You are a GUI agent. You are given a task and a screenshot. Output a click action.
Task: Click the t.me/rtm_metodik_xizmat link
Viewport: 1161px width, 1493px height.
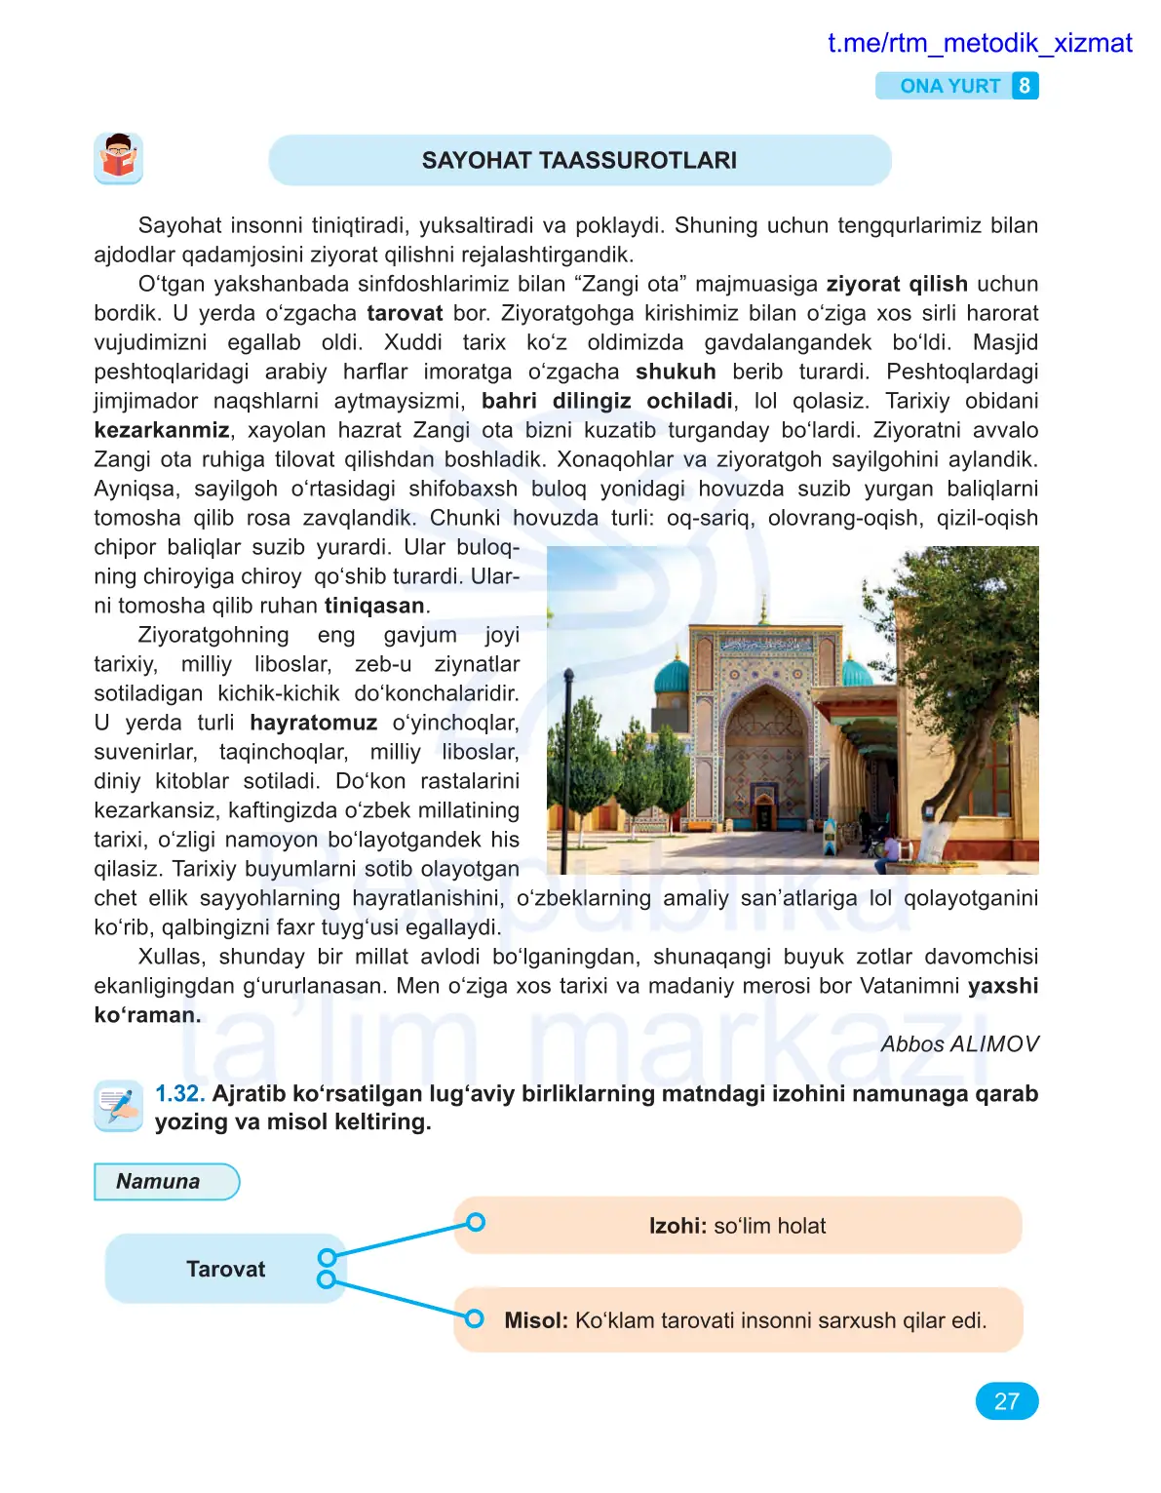coord(979,44)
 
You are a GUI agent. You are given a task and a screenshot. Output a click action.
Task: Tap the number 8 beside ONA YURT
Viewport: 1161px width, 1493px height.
coord(1024,86)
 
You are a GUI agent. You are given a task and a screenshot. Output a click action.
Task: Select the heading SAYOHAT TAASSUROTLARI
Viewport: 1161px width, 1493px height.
coord(579,161)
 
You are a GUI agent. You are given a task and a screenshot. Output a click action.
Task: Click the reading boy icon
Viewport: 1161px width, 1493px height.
coord(118,158)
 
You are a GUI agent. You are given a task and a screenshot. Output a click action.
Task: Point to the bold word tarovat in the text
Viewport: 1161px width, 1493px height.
coord(405,313)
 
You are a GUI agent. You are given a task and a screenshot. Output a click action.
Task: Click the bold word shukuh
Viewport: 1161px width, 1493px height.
coord(676,372)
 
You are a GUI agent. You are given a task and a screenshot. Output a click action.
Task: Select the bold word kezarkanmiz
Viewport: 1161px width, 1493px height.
coord(162,430)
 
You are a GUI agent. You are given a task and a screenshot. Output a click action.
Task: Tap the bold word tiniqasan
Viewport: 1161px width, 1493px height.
coord(374,606)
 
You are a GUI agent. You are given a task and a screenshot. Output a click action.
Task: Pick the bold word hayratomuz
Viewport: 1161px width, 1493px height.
coord(313,723)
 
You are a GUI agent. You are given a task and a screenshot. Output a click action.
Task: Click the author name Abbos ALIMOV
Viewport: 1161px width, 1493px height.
coord(959,1044)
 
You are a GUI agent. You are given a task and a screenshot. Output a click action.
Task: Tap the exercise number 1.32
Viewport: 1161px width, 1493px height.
coord(179,1094)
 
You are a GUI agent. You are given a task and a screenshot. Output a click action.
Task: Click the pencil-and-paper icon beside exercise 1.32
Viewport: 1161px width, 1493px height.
coord(118,1106)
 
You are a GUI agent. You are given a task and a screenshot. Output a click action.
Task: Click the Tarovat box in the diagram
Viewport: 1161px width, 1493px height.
coord(225,1269)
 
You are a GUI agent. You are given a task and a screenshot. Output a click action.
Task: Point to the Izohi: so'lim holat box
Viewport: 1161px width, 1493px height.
coord(737,1226)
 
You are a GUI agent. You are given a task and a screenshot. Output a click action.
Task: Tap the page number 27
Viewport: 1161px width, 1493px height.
coord(1006,1401)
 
